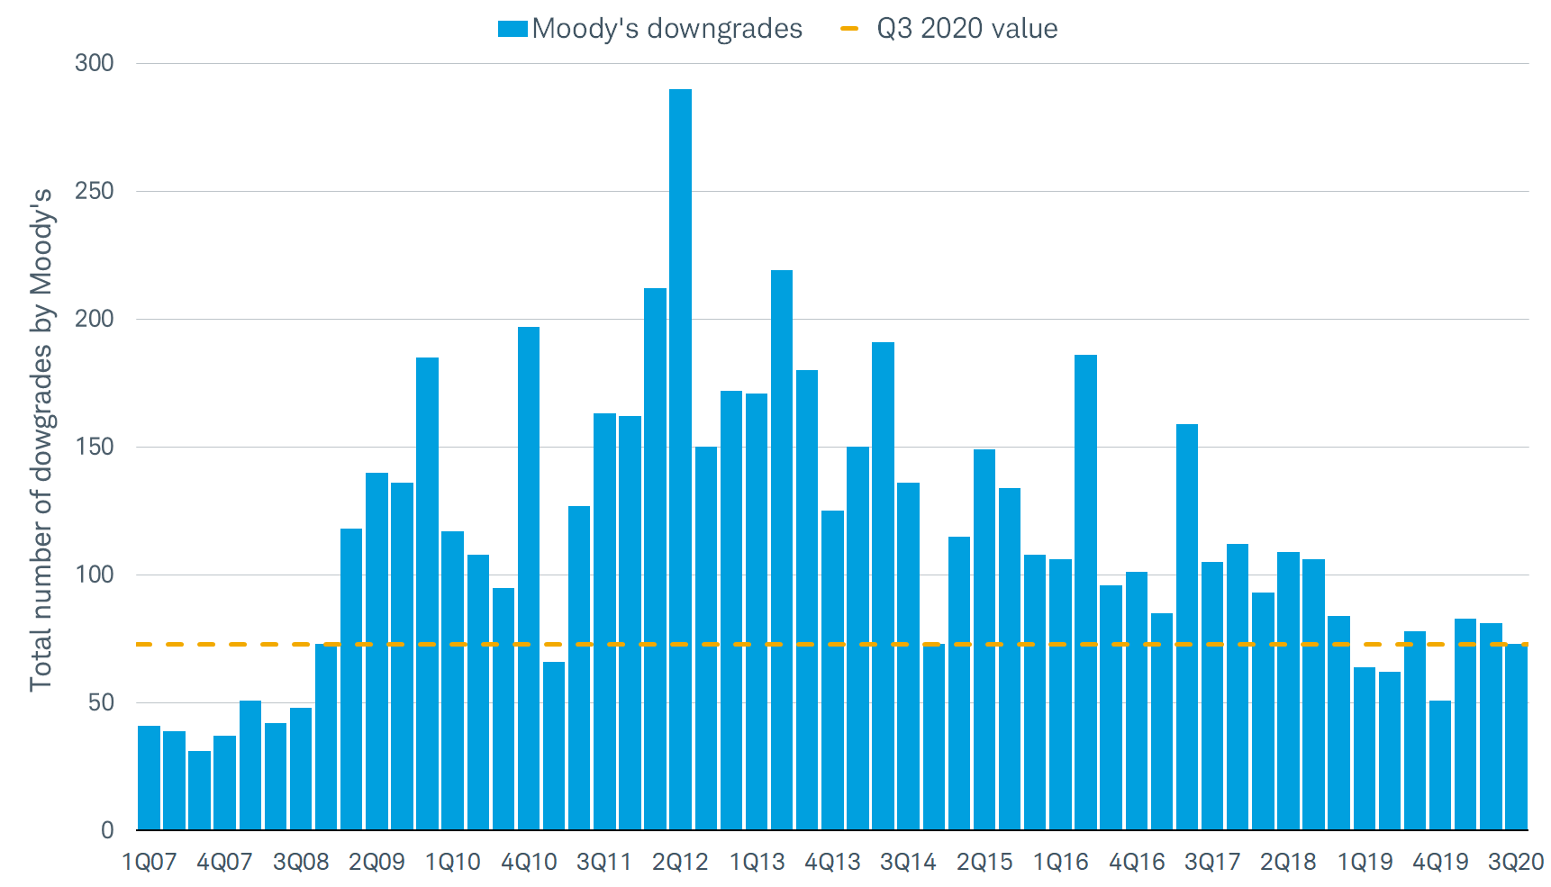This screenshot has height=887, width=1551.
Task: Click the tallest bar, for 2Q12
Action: click(680, 459)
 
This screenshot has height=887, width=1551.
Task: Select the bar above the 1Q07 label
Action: click(149, 777)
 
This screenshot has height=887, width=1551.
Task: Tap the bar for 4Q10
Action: click(529, 578)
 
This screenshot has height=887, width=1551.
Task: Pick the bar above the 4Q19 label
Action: click(1440, 765)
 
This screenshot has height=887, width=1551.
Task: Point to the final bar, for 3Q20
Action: click(1516, 737)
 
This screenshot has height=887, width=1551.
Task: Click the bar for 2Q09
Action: click(376, 651)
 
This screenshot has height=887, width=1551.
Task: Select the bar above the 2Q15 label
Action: click(984, 639)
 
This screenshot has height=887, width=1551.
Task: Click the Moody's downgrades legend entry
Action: click(650, 29)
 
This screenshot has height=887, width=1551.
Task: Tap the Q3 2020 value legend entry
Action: click(948, 29)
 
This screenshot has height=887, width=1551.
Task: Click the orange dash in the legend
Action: click(849, 29)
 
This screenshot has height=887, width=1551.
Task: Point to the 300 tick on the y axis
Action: click(95, 63)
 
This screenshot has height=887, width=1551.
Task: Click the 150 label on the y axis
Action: click(95, 447)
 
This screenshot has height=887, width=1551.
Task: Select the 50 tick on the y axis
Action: click(101, 702)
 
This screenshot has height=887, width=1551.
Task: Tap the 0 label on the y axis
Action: click(108, 830)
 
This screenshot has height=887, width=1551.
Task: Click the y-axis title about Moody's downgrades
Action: click(41, 439)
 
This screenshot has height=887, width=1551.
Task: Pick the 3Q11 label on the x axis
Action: click(604, 863)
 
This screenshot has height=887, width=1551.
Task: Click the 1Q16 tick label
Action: click(1060, 863)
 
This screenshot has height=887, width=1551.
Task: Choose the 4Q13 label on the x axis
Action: click(832, 863)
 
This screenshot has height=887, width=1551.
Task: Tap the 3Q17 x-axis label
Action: click(1212, 863)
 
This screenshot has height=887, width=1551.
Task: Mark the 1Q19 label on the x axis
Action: click(1365, 863)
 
